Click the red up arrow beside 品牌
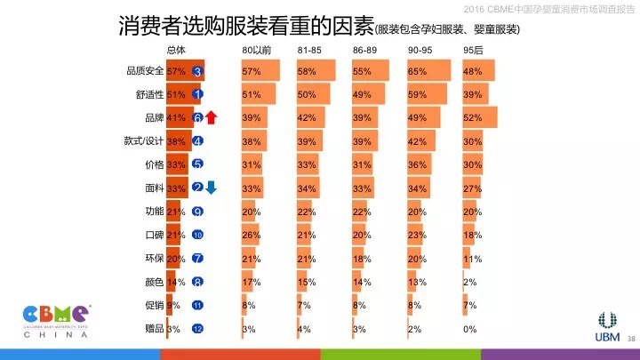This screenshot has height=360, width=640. pos(212,117)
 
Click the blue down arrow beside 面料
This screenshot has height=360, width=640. pos(212,187)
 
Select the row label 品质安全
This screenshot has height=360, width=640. pos(146,71)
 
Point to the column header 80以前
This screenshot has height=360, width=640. pos(257,49)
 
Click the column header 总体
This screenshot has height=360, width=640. pos(176,49)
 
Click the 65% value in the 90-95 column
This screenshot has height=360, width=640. pos(416,71)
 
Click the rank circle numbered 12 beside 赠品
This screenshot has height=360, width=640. pos(197,329)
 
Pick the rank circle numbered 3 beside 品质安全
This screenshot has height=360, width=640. pos(197,71)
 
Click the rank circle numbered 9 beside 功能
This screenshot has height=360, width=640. pos(197,212)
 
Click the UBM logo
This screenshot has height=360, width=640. pos(608,325)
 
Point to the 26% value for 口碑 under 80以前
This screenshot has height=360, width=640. pos(251,235)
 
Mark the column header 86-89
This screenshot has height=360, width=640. pos(364,49)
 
